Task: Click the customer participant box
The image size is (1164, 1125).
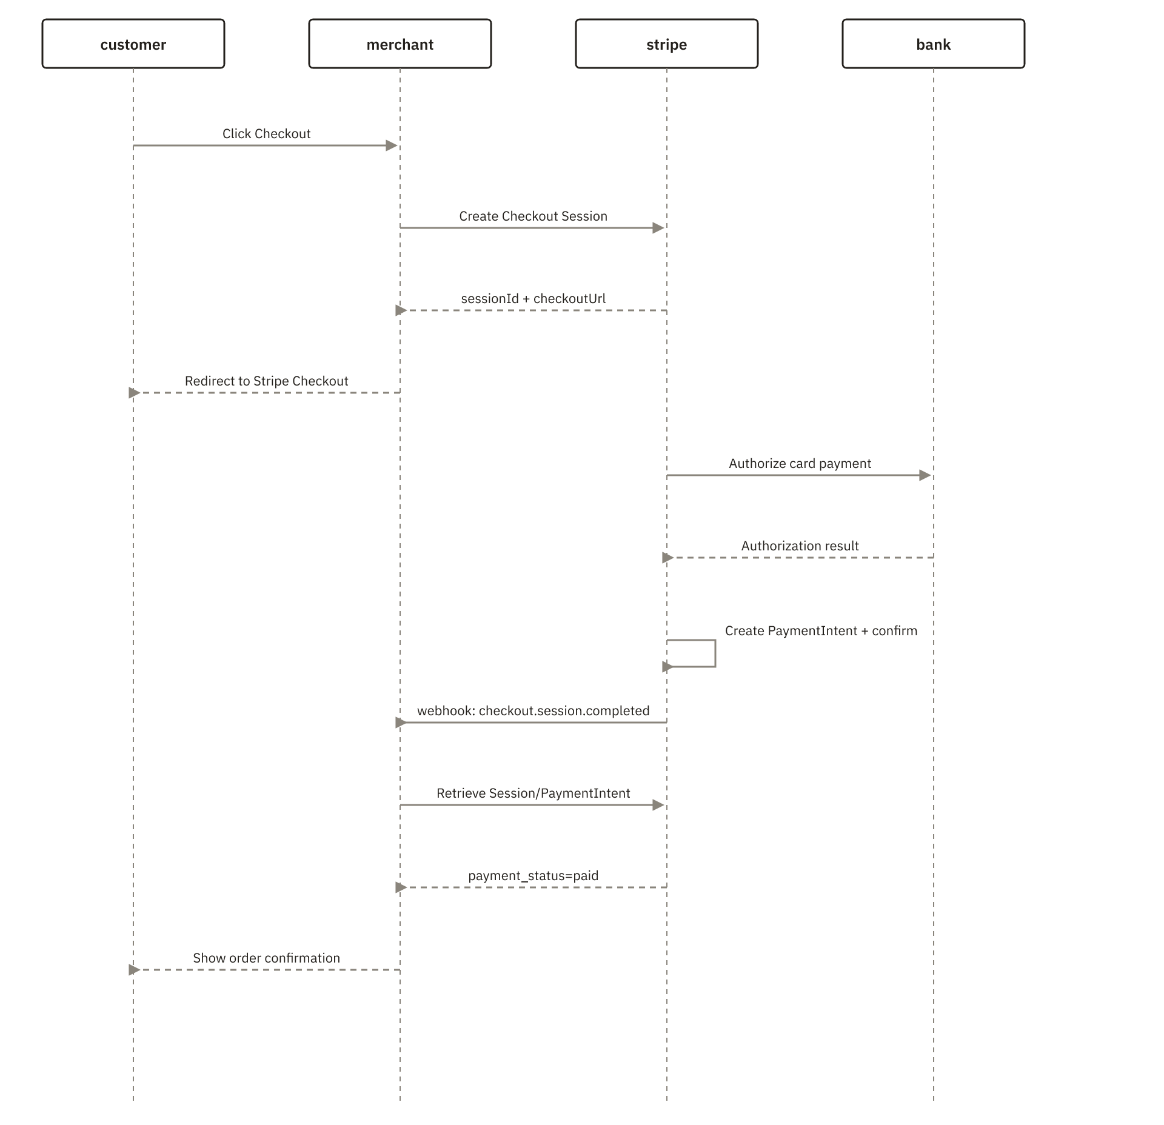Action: (x=133, y=44)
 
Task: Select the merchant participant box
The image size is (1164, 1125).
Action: (x=400, y=44)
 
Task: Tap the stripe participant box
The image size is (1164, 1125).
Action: (x=667, y=44)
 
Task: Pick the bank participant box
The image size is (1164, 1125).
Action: (x=934, y=44)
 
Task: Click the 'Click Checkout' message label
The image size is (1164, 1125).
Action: (x=267, y=134)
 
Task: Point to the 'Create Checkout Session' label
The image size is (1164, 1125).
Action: (x=533, y=216)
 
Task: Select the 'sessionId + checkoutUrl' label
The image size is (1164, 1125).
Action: (x=533, y=299)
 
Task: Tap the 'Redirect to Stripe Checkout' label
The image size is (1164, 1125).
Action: (x=267, y=381)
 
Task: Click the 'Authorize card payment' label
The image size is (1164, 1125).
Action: (x=800, y=464)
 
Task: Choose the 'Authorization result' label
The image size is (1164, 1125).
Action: (x=800, y=546)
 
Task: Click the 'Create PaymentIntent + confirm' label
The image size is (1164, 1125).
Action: (x=821, y=631)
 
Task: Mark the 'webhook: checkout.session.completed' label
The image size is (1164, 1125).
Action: (x=533, y=711)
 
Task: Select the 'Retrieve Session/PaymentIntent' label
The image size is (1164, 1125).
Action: (x=533, y=793)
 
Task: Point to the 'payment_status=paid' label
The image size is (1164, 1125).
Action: (x=533, y=876)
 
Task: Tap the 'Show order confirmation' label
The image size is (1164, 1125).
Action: (x=267, y=958)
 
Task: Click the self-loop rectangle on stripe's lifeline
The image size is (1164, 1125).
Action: (x=715, y=653)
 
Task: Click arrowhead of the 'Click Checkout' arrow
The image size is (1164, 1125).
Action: (x=392, y=145)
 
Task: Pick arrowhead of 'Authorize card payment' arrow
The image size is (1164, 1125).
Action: (x=925, y=475)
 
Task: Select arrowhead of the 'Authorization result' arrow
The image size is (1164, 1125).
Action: (x=668, y=558)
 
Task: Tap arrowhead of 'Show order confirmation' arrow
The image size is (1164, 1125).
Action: (x=135, y=970)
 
